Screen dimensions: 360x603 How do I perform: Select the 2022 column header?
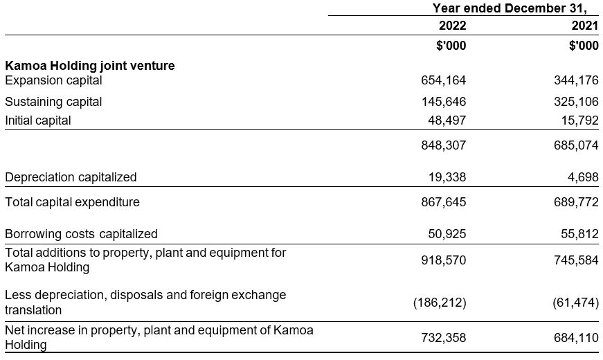click(452, 26)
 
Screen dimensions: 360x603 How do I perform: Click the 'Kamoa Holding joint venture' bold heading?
click(90, 66)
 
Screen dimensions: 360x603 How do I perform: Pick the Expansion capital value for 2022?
click(444, 80)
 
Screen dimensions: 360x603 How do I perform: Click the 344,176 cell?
click(576, 80)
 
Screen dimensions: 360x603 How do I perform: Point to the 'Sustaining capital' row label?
click(53, 102)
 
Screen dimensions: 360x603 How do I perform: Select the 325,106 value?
click(576, 102)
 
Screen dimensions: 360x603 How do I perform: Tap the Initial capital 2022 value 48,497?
click(447, 120)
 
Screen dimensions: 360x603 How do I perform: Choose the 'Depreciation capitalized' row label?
click(71, 177)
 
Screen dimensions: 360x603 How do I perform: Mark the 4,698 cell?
click(582, 177)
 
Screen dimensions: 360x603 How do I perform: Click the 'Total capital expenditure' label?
click(72, 202)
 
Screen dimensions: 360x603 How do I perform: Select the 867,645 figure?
click(444, 202)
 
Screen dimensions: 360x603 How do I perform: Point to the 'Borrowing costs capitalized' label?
click(81, 234)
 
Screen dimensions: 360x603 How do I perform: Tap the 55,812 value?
click(579, 234)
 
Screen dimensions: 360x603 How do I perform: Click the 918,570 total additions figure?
click(444, 260)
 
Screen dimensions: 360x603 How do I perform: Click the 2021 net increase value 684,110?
click(576, 338)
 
